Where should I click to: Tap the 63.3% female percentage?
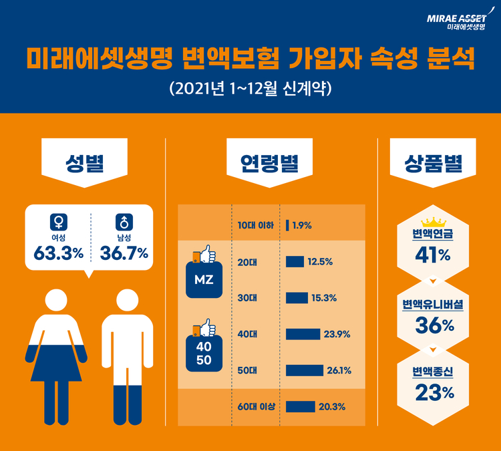point(58,253)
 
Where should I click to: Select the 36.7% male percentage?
point(124,253)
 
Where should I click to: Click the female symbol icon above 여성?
point(58,221)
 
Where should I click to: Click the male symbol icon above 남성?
point(123,221)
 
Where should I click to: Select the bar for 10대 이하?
point(287,225)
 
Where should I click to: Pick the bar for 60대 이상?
point(300,406)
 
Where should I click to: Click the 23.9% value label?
point(337,334)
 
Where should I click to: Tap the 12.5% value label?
point(320,261)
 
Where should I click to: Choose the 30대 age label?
point(247,298)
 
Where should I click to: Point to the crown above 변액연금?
point(432,222)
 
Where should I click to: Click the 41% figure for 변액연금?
point(432,255)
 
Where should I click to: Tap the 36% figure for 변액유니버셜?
point(432,325)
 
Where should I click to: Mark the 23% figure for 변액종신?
point(432,393)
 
